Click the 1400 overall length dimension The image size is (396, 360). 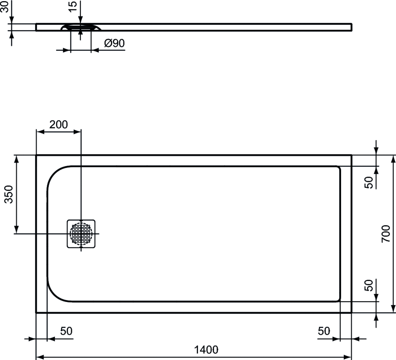tap(206, 350)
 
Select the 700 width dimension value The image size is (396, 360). tap(386, 233)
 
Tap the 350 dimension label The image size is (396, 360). tap(9, 194)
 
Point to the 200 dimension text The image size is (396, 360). tap(59, 124)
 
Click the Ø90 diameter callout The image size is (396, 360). tap(114, 43)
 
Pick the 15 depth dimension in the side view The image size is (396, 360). tap(72, 6)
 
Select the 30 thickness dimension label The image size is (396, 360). tap(4, 6)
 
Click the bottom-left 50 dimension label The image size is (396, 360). tap(66, 331)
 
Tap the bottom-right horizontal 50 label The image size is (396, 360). tap(324, 331)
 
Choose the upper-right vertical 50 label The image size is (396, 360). tap(369, 182)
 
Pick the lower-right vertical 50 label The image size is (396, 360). tap(369, 285)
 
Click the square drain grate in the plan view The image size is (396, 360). tap(81, 233)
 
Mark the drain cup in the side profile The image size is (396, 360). tap(81, 27)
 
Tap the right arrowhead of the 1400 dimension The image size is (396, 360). tap(348, 357)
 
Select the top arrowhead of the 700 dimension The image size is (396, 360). tap(393, 159)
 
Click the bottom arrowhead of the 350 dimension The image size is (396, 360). tap(16, 230)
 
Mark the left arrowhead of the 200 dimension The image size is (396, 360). tap(40, 132)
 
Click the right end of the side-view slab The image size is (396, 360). tap(351, 27)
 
